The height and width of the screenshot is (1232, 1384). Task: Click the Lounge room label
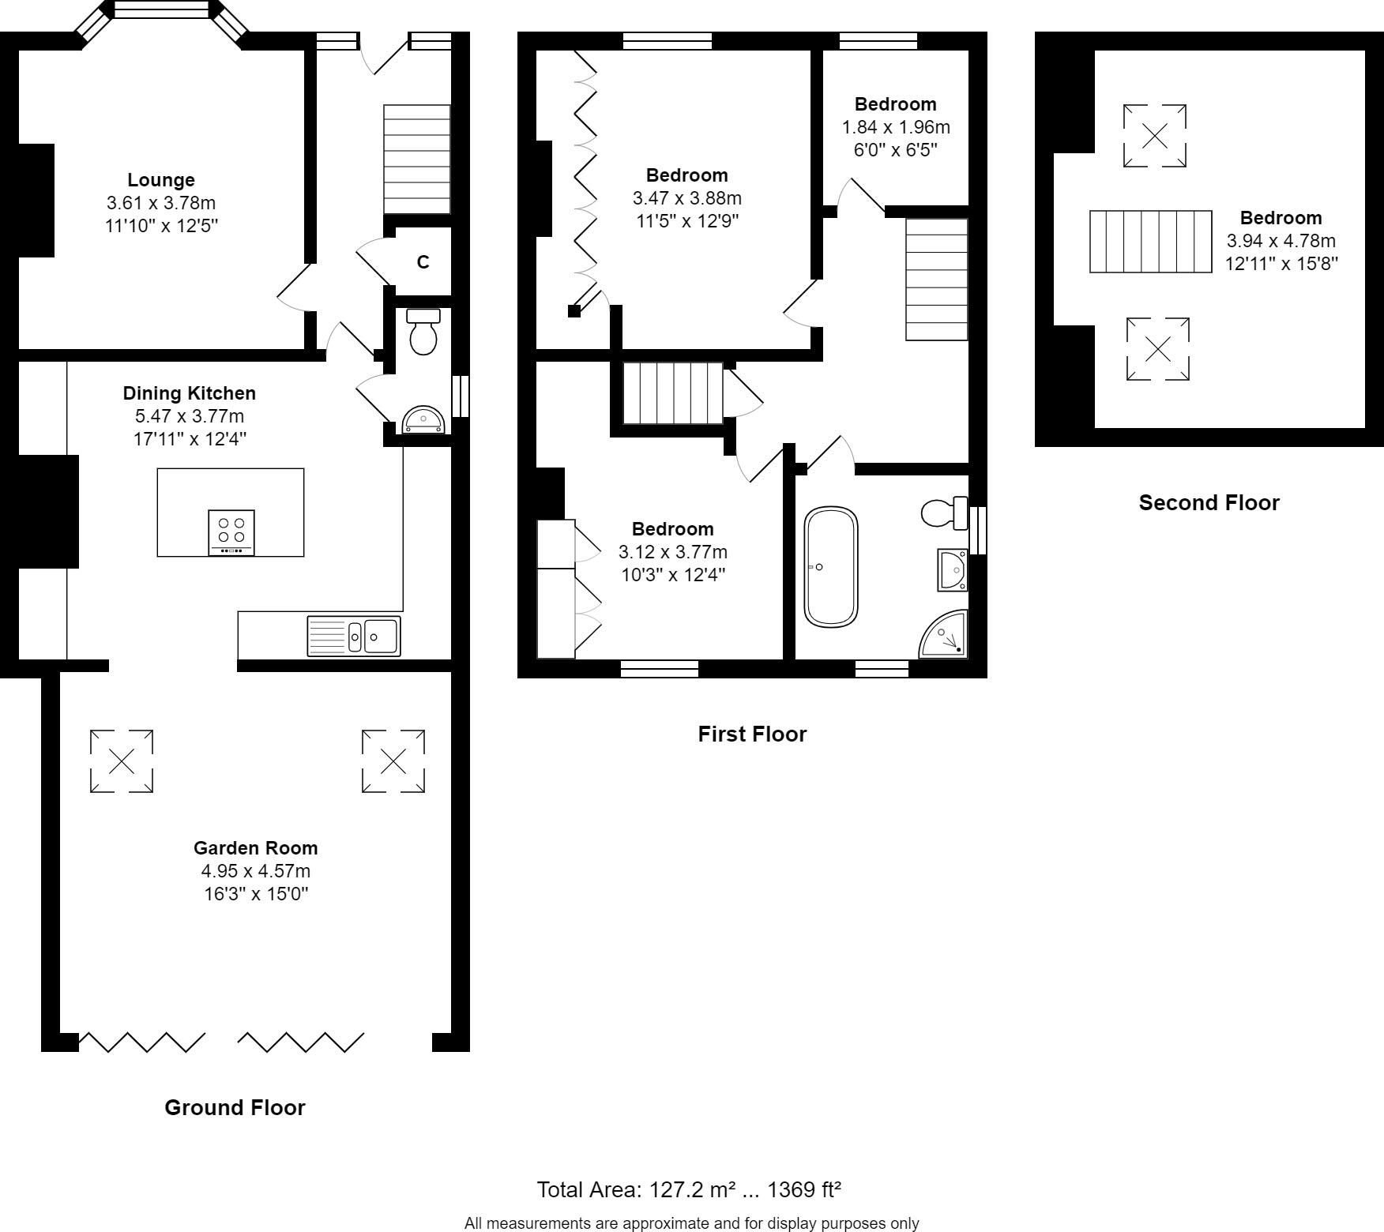pyautogui.click(x=161, y=180)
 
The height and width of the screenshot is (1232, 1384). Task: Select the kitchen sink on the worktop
pyautogui.click(x=354, y=635)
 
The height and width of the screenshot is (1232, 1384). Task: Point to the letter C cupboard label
pyautogui.click(x=423, y=262)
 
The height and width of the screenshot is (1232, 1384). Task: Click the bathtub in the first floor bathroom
pyautogui.click(x=830, y=567)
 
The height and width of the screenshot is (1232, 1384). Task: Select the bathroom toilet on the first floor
pyautogui.click(x=943, y=513)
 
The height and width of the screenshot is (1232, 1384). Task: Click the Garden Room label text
pyautogui.click(x=255, y=848)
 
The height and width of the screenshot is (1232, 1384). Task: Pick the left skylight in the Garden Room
pyautogui.click(x=122, y=761)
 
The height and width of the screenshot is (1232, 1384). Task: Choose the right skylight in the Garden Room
pyautogui.click(x=393, y=761)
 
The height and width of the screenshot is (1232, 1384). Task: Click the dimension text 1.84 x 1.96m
pyautogui.click(x=896, y=127)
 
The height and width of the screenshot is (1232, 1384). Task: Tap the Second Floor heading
pyautogui.click(x=1209, y=503)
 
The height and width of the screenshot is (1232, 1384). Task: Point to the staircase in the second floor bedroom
pyautogui.click(x=1150, y=242)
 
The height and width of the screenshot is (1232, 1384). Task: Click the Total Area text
pyautogui.click(x=689, y=1189)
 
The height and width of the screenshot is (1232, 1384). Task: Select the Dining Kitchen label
pyautogui.click(x=189, y=393)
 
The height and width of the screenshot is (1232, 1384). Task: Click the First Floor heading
pyautogui.click(x=752, y=734)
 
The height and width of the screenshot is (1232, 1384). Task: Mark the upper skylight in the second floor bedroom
pyautogui.click(x=1155, y=136)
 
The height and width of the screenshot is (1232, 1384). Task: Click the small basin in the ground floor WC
pyautogui.click(x=424, y=421)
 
